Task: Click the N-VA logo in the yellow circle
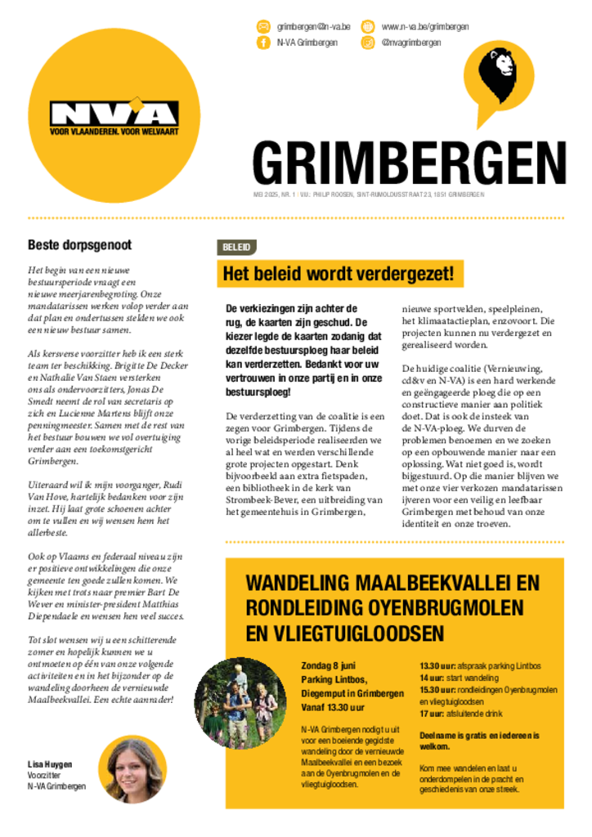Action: point(114,114)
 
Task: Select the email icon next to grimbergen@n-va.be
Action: point(263,27)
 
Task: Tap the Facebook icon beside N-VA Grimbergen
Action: point(263,43)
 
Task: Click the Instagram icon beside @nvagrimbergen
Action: point(368,43)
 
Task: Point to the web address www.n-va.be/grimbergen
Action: point(425,27)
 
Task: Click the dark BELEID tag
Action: point(236,247)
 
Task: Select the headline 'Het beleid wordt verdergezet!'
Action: point(338,273)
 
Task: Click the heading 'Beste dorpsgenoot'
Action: point(80,244)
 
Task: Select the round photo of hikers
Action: point(240,703)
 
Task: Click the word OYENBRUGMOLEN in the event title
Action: point(424,608)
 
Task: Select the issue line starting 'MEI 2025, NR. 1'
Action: point(368,195)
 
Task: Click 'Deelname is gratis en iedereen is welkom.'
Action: point(478,741)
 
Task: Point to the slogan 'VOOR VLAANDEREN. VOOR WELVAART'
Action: point(114,131)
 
